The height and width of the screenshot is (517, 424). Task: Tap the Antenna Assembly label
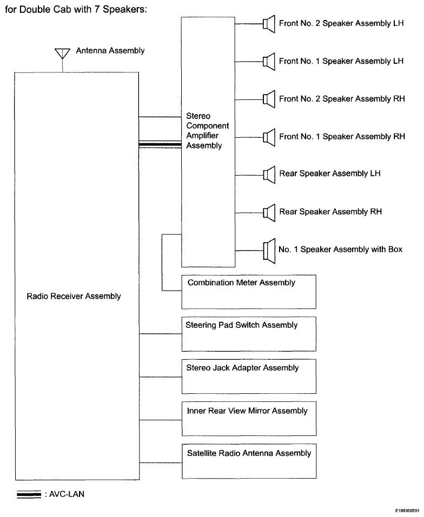110,51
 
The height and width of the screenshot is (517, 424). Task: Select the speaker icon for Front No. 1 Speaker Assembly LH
269,62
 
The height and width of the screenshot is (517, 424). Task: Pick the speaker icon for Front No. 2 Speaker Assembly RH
269,99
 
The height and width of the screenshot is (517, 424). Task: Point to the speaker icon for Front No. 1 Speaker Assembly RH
269,137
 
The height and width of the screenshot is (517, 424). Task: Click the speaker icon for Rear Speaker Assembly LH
269,174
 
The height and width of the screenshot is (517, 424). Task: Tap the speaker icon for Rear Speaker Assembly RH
269,213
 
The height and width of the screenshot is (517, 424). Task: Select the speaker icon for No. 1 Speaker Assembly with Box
269,251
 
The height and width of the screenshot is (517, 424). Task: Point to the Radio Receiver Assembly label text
74,297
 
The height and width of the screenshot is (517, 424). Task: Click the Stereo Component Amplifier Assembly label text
207,131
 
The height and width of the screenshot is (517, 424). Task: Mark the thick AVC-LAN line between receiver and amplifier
160,144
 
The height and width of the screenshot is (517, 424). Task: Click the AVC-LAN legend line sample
29,494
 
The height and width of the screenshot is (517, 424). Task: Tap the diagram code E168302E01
408,510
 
